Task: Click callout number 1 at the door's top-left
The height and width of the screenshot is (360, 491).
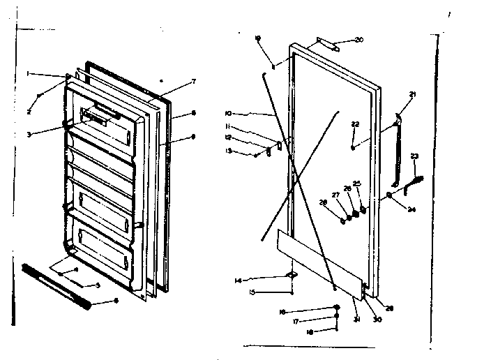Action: pos(28,73)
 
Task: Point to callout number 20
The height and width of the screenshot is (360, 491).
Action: pos(359,40)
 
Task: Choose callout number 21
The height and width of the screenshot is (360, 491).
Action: pos(412,94)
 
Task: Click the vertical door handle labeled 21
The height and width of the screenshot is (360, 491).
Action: pos(400,150)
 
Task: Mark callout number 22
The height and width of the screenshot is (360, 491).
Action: pos(355,124)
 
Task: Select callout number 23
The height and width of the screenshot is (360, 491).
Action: pos(414,156)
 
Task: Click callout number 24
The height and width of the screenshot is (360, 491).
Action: pos(412,208)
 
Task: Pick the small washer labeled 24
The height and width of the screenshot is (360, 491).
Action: pos(388,195)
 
